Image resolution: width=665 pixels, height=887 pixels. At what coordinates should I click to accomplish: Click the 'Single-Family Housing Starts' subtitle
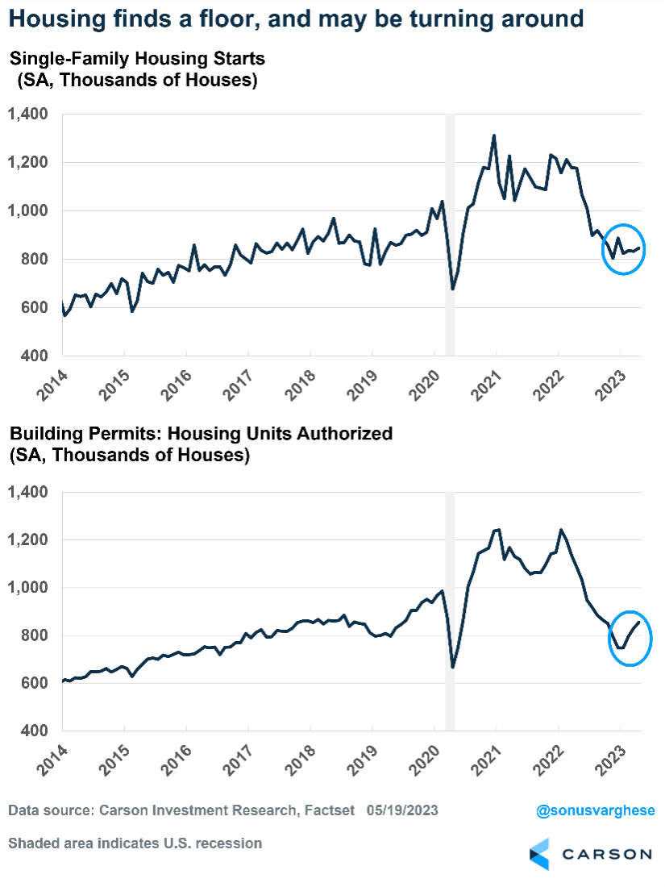pyautogui.click(x=137, y=58)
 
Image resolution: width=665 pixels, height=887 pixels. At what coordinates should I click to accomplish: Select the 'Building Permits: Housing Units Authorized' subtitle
pyautogui.click(x=201, y=433)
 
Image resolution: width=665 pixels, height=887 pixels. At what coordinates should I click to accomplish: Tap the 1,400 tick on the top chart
pyautogui.click(x=28, y=115)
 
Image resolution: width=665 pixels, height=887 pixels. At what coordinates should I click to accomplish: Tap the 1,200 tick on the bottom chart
pyautogui.click(x=28, y=539)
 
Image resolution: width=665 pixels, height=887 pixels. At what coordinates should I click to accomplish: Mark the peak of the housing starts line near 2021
pyautogui.click(x=494, y=135)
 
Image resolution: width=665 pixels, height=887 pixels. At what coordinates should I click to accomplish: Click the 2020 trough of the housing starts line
pyautogui.click(x=452, y=289)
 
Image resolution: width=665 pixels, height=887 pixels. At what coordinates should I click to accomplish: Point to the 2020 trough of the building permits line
pyautogui.click(x=453, y=667)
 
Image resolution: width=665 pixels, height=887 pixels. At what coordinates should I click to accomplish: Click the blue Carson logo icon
pyautogui.click(x=539, y=854)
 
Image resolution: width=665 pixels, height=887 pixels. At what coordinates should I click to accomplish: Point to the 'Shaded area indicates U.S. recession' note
pyautogui.click(x=135, y=843)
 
